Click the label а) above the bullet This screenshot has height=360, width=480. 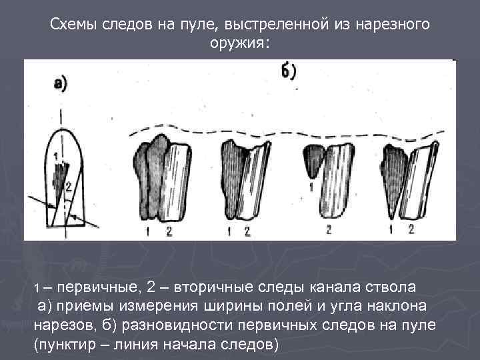(x=61, y=85)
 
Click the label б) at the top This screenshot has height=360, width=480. (x=289, y=71)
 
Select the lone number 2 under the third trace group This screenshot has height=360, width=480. (x=329, y=230)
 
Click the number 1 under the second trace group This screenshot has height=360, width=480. (x=229, y=231)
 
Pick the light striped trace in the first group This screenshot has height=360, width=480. (x=175, y=181)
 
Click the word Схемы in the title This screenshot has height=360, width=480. (x=76, y=25)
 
